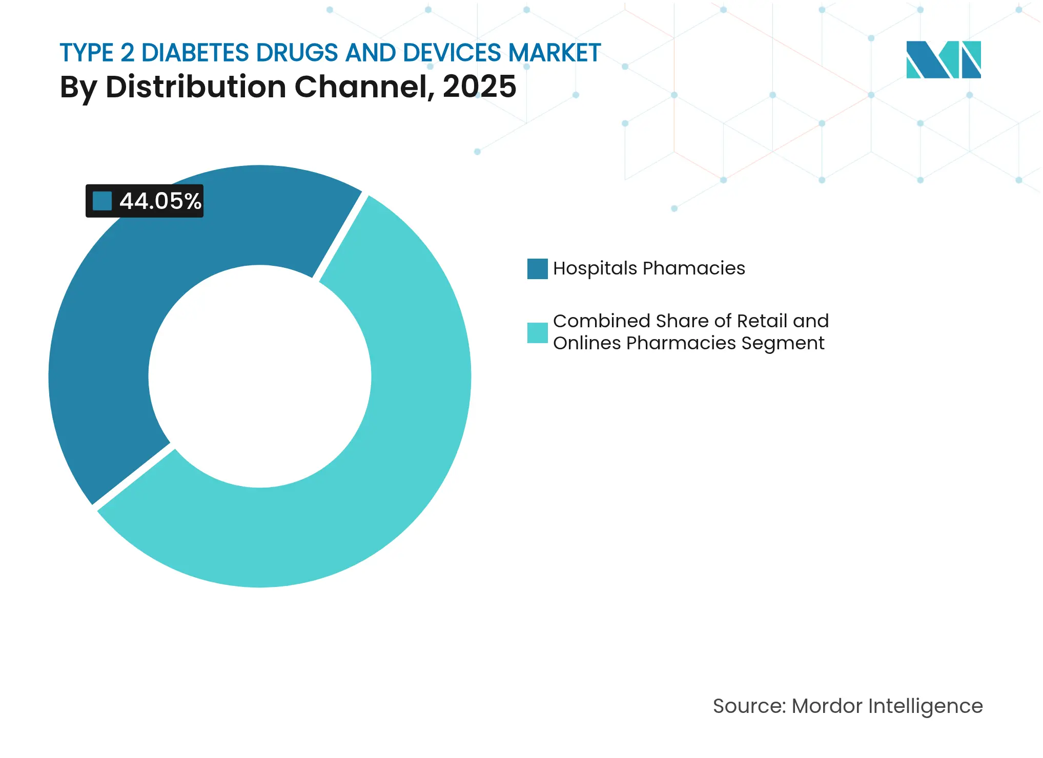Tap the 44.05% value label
pyautogui.click(x=160, y=201)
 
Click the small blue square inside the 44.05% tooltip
pyautogui.click(x=102, y=201)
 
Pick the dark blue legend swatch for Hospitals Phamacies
pyautogui.click(x=537, y=269)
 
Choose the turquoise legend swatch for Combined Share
pyautogui.click(x=537, y=332)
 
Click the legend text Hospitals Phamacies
pyautogui.click(x=649, y=268)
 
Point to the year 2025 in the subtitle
pyautogui.click(x=479, y=87)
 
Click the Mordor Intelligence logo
pyautogui.click(x=943, y=59)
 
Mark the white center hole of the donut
pyautogui.click(x=260, y=376)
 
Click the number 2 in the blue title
pyautogui.click(x=128, y=53)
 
